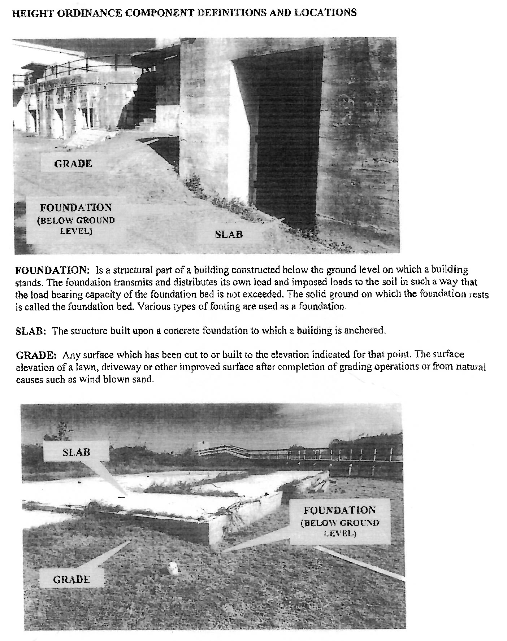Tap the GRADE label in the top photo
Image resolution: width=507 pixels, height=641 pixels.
coord(73,163)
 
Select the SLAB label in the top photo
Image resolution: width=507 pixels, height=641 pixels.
coord(229,234)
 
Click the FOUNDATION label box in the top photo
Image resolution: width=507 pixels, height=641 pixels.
coord(76,219)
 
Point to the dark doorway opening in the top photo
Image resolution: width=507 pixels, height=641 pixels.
coord(285,137)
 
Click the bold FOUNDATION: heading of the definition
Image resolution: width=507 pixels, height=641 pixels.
coord(52,270)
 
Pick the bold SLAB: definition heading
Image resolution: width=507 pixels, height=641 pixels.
coord(31,331)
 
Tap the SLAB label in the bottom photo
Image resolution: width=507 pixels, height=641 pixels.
coord(76,452)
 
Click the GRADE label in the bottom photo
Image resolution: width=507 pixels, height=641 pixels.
coord(71,579)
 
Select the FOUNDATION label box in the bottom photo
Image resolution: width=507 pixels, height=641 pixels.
coord(339,521)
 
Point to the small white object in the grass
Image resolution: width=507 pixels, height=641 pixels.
coord(174,568)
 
